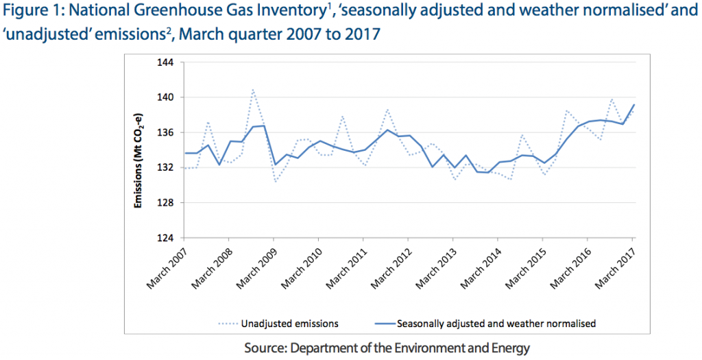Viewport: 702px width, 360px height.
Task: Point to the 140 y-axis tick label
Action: pyautogui.click(x=167, y=97)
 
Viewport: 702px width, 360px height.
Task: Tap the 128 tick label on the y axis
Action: pyautogui.click(x=167, y=203)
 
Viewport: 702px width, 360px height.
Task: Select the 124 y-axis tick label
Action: pyautogui.click(x=167, y=238)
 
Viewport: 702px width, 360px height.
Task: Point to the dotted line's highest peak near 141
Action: pyautogui.click(x=253, y=89)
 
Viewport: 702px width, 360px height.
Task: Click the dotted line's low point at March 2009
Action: pyautogui.click(x=275, y=182)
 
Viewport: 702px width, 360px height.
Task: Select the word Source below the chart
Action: pyautogui.click(x=264, y=348)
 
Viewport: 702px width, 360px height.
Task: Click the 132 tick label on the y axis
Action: pyautogui.click(x=167, y=168)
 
